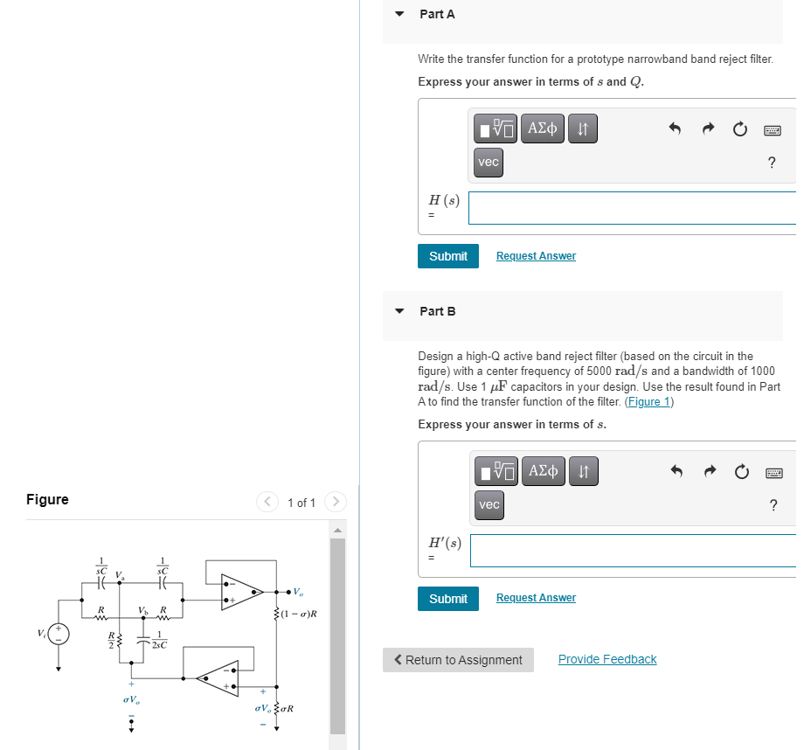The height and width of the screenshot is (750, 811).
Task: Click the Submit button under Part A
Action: tap(447, 256)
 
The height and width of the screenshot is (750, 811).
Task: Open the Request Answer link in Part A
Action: tap(536, 256)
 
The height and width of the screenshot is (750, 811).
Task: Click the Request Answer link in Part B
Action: tap(536, 598)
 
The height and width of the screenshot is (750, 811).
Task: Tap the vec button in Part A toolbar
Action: tap(489, 163)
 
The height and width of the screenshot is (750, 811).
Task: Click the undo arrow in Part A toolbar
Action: tap(675, 129)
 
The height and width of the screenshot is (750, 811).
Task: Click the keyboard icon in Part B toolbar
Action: tap(772, 472)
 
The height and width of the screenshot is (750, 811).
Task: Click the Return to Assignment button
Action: tap(458, 660)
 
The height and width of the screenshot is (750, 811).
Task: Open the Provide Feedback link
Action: tap(607, 660)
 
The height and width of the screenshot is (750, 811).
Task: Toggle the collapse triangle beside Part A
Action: tap(400, 14)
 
